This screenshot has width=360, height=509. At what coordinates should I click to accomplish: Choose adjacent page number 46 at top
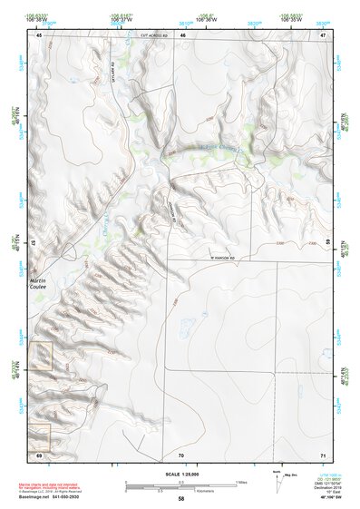pyautogui.click(x=182, y=35)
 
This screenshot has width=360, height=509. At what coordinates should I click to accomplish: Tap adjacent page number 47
pyautogui.click(x=323, y=35)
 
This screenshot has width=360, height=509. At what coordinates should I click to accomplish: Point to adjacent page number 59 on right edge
pyautogui.click(x=327, y=243)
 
